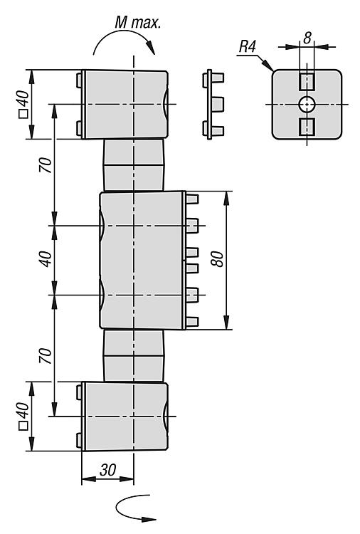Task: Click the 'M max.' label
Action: [138, 23]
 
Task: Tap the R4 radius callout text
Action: [248, 47]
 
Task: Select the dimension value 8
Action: [307, 38]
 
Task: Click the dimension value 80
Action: [218, 259]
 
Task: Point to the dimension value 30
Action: [108, 470]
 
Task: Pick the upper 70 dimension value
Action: [46, 165]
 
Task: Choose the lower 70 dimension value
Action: [46, 355]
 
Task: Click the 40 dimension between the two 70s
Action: [46, 259]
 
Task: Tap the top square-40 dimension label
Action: [23, 104]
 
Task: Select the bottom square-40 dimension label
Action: [23, 417]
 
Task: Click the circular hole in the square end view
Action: [307, 104]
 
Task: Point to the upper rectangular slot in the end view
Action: [307, 82]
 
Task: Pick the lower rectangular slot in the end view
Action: [307, 127]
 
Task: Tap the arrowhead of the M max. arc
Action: [151, 48]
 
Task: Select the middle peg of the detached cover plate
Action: [218, 104]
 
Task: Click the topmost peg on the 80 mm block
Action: [192, 199]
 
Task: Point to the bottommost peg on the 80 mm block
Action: [192, 322]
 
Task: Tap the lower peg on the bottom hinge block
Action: [79, 440]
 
